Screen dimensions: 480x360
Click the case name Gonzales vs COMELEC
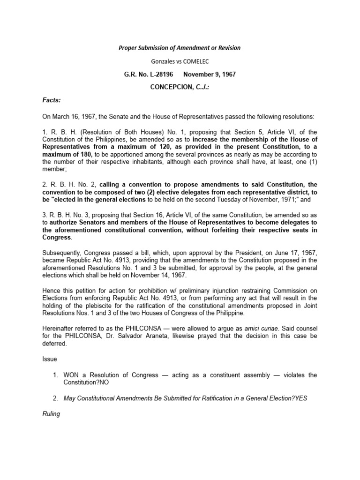(180, 61)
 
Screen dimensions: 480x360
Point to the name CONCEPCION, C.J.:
(180, 87)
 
